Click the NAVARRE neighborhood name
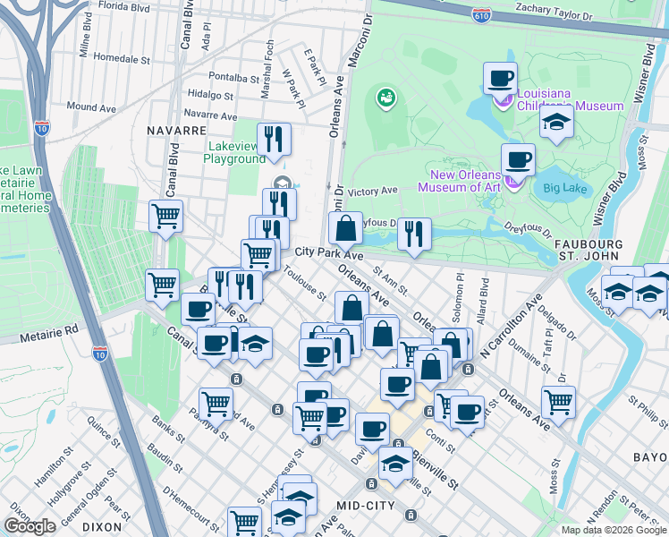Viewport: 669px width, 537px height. click(x=176, y=130)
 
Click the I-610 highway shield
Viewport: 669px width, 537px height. click(x=481, y=13)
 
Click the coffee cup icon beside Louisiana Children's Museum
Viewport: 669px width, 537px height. click(x=501, y=78)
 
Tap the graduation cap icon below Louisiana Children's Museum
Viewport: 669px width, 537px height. click(x=556, y=124)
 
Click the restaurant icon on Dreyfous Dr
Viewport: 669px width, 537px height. click(x=414, y=233)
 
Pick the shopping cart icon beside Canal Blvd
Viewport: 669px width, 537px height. click(x=165, y=215)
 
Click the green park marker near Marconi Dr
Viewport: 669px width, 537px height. click(x=386, y=96)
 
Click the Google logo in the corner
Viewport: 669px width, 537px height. click(x=30, y=526)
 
